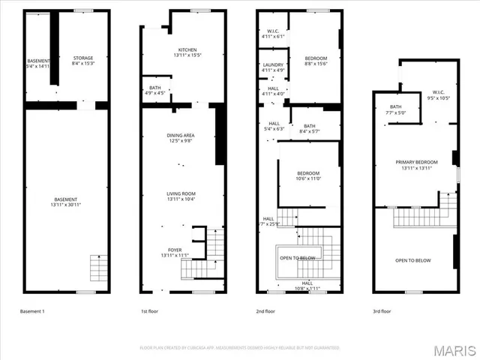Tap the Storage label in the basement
pyautogui.click(x=83, y=57)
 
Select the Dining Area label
pyautogui.click(x=181, y=135)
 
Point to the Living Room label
pyautogui.click(x=181, y=193)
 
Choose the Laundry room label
pyautogui.click(x=273, y=64)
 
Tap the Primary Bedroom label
pyautogui.click(x=417, y=162)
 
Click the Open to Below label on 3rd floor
pyautogui.click(x=413, y=260)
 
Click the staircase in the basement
pyautogui.click(x=99, y=267)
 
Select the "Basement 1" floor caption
pyautogui.click(x=31, y=310)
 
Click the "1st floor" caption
pyautogui.click(x=150, y=310)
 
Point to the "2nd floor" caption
pyautogui.click(x=266, y=310)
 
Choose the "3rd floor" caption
pyautogui.click(x=382, y=310)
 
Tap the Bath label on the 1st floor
pyautogui.click(x=154, y=88)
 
